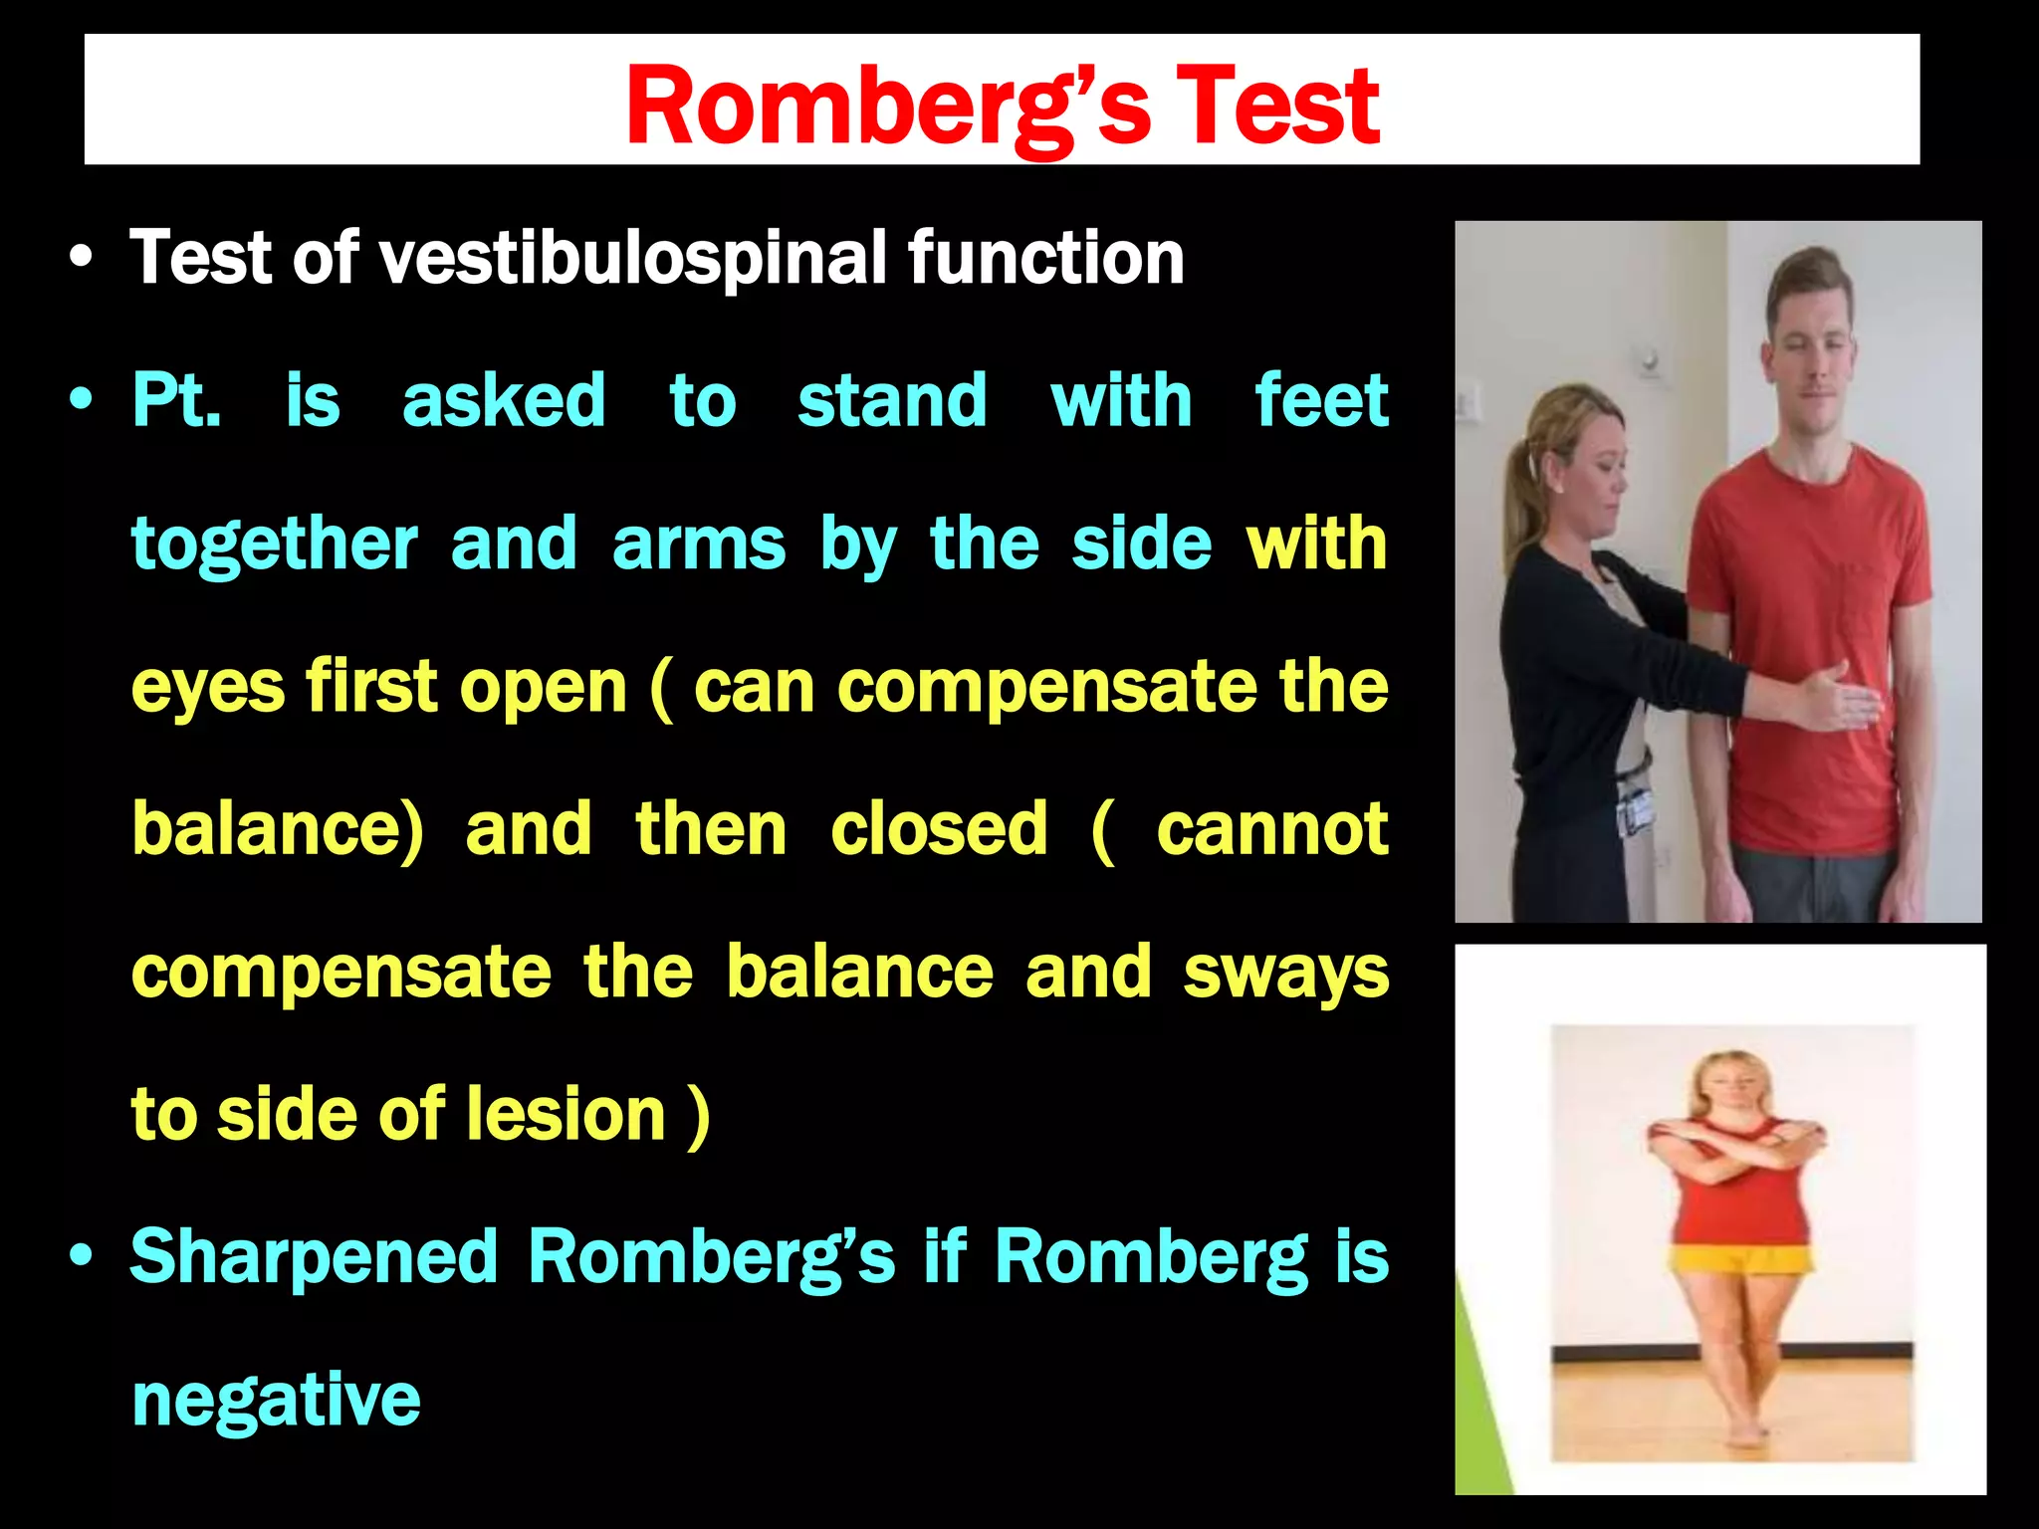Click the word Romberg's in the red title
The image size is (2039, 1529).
click(x=886, y=106)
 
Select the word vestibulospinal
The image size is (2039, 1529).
click(x=632, y=258)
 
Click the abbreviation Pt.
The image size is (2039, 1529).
click(x=176, y=401)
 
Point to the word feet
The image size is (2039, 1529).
click(x=1320, y=401)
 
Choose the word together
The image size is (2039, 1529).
click(x=274, y=546)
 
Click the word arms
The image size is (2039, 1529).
click(x=698, y=546)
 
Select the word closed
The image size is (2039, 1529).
click(x=938, y=829)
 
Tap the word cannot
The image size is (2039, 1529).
click(x=1271, y=829)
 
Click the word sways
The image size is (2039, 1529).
click(x=1285, y=974)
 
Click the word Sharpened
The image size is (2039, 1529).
click(x=314, y=1256)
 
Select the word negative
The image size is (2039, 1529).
click(x=276, y=1401)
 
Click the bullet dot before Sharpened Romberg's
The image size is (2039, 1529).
click(x=82, y=1256)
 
